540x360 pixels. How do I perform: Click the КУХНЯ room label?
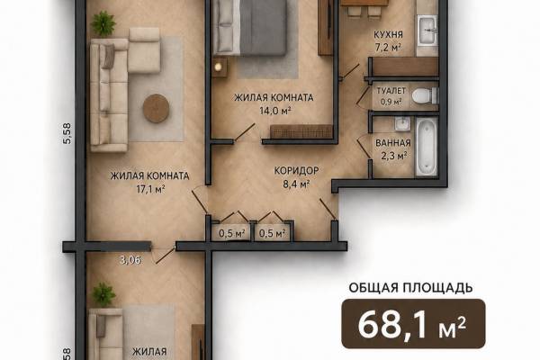(388, 35)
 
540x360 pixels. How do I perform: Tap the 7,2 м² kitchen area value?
(388, 47)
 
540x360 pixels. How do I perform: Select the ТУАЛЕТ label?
(391, 91)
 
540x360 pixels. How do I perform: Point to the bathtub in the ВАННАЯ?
(427, 147)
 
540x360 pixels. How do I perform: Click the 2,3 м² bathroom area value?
(393, 156)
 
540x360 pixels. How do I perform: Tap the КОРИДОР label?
(296, 170)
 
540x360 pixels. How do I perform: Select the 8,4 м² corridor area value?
(296, 184)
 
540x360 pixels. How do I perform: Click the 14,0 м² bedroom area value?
(275, 111)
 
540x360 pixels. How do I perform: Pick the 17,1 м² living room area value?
(150, 189)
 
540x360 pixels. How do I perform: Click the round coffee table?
(156, 108)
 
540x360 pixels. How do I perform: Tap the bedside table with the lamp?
(220, 67)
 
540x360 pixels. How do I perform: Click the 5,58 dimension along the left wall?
(67, 133)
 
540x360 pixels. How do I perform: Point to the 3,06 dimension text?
(130, 260)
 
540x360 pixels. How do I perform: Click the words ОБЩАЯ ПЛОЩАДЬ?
(411, 288)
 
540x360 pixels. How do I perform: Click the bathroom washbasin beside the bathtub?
(402, 124)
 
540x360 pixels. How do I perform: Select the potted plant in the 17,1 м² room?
(103, 23)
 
